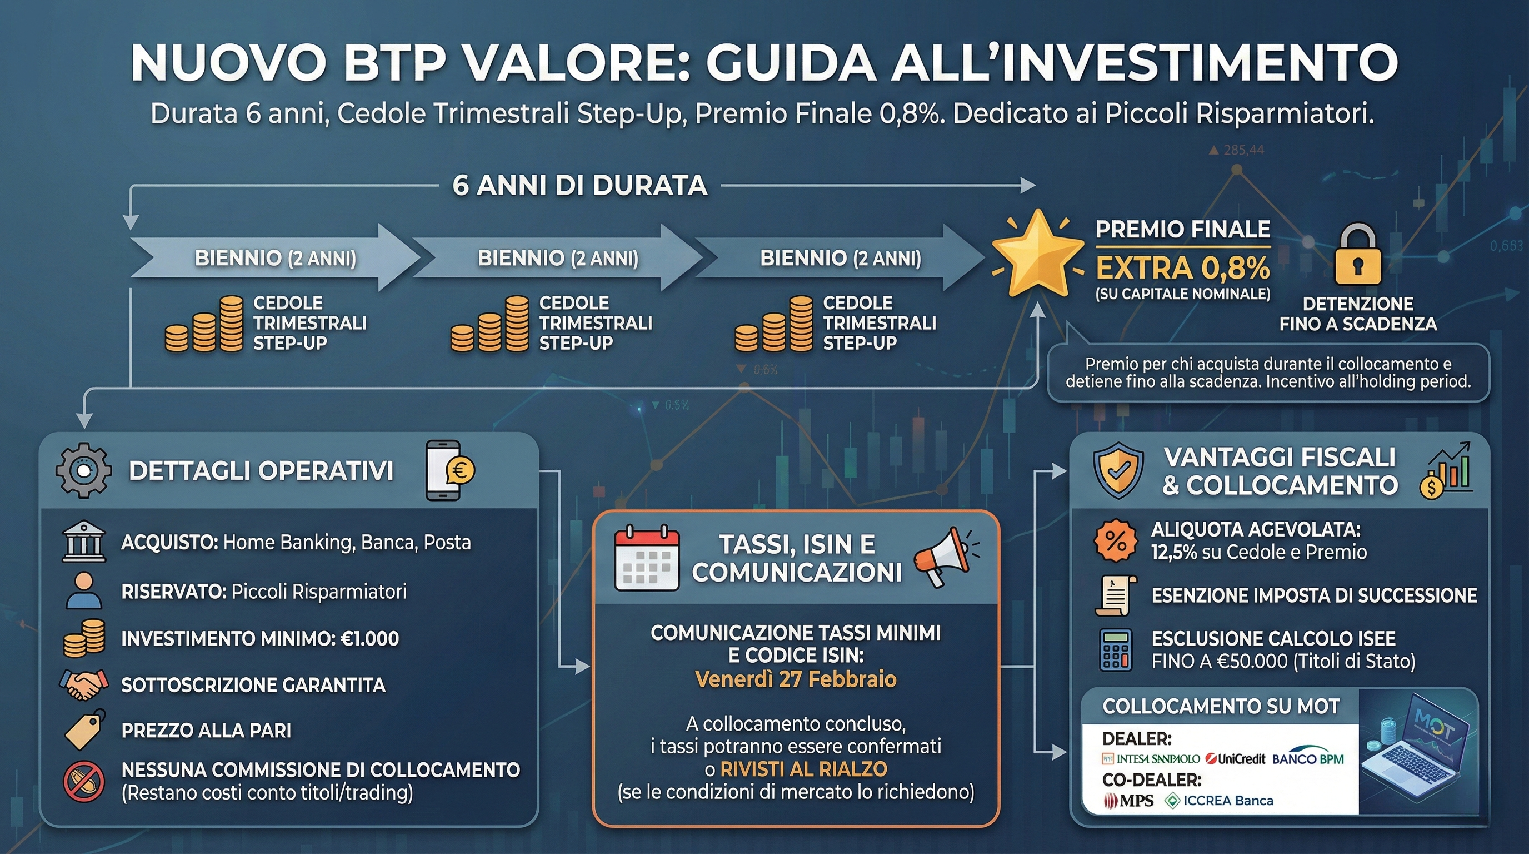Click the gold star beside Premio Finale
click(x=1037, y=254)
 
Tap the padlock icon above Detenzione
click(x=1357, y=254)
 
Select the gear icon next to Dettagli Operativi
click(x=83, y=470)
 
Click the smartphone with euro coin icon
click(x=449, y=470)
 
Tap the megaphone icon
click(x=945, y=556)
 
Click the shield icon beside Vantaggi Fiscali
click(x=1118, y=470)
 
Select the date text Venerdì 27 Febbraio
click(x=796, y=679)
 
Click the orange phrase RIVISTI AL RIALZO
click(x=804, y=769)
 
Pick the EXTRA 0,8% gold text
click(x=1182, y=268)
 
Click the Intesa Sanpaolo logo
click(x=1151, y=759)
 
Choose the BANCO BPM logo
click(x=1308, y=757)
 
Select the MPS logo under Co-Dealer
click(x=1128, y=801)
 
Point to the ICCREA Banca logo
click(x=1219, y=801)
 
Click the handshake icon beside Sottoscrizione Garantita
click(x=84, y=684)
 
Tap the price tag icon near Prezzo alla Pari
click(x=84, y=729)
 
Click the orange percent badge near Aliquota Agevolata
click(x=1115, y=540)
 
